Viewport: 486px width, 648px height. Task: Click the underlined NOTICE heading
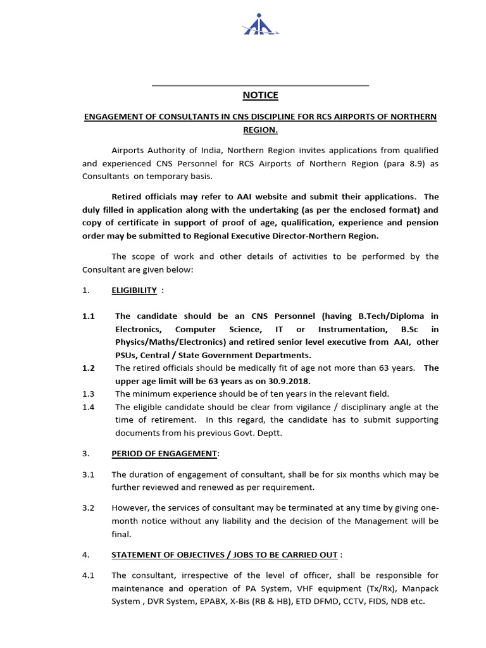click(x=260, y=96)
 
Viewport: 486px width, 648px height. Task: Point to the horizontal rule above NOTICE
click(x=260, y=85)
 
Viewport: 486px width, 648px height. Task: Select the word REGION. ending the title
click(x=260, y=130)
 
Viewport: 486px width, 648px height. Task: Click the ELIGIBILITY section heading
click(x=134, y=290)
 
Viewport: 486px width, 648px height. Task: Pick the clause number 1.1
click(x=89, y=316)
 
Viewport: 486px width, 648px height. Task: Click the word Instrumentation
click(x=352, y=329)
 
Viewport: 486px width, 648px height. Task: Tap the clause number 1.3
click(x=89, y=394)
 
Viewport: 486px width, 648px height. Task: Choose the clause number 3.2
click(x=89, y=508)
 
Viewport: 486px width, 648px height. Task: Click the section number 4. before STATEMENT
click(x=86, y=555)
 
